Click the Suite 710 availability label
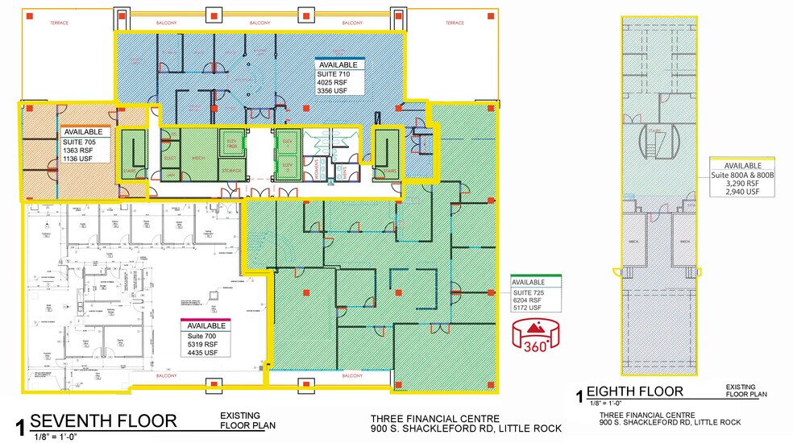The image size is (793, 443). click(x=340, y=79)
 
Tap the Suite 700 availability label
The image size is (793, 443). click(x=206, y=337)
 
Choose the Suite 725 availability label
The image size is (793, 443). click(x=535, y=295)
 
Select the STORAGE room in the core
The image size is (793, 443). click(x=230, y=170)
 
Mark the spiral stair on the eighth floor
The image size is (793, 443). click(x=655, y=145)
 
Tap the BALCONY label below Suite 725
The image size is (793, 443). click(x=351, y=376)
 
